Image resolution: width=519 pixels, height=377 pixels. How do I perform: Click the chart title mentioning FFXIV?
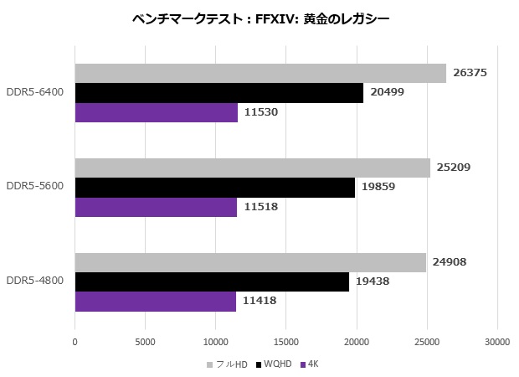[x=260, y=18]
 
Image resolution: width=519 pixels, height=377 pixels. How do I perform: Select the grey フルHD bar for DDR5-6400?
[x=260, y=74]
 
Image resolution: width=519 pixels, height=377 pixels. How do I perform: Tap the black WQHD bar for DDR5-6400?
[x=219, y=93]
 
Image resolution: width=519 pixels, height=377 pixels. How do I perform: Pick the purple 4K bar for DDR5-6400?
[x=156, y=112]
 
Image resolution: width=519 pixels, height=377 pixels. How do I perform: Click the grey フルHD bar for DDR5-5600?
[x=253, y=168]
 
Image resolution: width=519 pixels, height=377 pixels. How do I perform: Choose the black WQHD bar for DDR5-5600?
[x=215, y=187]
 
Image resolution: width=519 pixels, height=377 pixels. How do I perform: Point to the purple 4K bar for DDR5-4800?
[x=156, y=301]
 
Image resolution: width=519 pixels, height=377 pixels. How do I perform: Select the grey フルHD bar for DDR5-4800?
[x=250, y=262]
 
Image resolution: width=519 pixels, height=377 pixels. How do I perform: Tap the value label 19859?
[x=379, y=187]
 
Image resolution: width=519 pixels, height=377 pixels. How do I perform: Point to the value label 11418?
[x=259, y=301]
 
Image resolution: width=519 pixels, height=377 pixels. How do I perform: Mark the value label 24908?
[x=450, y=262]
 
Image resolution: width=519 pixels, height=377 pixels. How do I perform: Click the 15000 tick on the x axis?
[x=286, y=342]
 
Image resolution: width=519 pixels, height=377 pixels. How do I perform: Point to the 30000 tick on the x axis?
[x=497, y=342]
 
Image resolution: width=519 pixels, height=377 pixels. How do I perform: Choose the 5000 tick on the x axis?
[x=145, y=342]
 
